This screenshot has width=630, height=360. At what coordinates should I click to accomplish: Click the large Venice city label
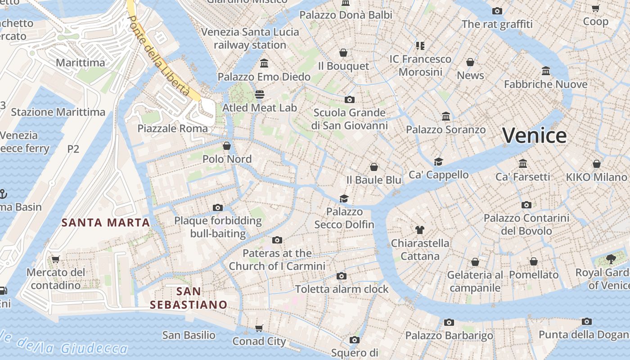pos(534,135)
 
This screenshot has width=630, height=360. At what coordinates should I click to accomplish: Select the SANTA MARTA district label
pos(106,222)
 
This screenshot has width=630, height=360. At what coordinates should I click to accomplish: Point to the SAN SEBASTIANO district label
pos(189,298)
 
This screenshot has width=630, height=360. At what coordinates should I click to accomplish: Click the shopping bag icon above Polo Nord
pos(227,146)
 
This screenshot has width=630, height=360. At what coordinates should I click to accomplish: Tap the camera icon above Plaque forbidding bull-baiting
pos(218,207)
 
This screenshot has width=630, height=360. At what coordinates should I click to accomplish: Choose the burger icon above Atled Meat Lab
pos(260,94)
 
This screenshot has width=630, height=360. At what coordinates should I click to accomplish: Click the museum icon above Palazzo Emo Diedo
pos(264,63)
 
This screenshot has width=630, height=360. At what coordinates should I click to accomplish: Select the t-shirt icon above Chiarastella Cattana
pos(420,230)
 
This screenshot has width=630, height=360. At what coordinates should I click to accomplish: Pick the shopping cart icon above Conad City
pos(259,328)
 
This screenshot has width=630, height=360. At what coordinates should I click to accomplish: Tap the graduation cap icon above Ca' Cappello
pos(438,162)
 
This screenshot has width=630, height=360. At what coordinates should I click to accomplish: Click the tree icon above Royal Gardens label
pos(611,259)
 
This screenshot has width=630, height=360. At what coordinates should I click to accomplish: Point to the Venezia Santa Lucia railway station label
pos(250,38)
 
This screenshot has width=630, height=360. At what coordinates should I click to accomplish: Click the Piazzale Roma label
pos(173,128)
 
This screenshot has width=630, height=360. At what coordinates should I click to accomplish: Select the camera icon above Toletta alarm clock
pos(342,276)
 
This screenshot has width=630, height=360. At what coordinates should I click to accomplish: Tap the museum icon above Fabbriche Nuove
pos(546,71)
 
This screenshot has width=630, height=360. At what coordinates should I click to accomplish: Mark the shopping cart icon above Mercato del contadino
pos(56,259)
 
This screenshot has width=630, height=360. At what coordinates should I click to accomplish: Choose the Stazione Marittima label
pos(58,112)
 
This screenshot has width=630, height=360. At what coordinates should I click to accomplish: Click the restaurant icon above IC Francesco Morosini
pos(420,45)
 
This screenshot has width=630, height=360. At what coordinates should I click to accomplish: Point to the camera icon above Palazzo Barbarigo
pos(449,322)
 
